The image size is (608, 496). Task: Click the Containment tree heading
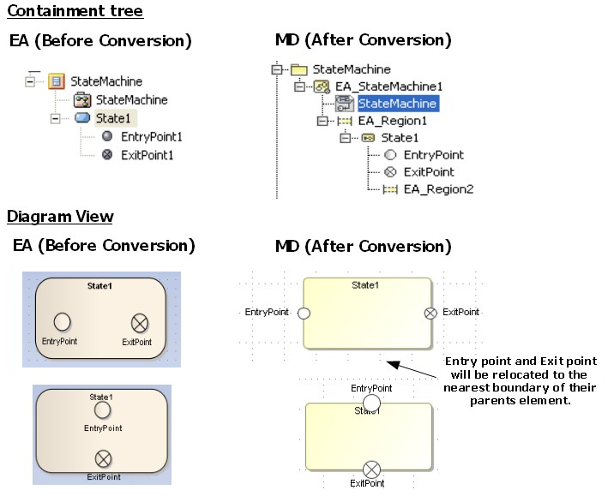[x=75, y=11]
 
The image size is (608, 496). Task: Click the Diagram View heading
[x=60, y=217]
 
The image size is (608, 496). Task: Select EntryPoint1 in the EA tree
[x=151, y=136]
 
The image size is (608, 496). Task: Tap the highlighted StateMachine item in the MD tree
[x=398, y=104]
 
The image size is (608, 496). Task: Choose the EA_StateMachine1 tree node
[x=388, y=87]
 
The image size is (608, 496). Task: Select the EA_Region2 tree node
[x=438, y=189]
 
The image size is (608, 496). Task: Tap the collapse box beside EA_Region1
[x=322, y=121]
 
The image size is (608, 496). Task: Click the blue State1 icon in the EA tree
[x=82, y=118]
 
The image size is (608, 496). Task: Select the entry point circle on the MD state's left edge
[x=303, y=314]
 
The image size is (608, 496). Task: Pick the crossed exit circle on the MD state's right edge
[x=430, y=314]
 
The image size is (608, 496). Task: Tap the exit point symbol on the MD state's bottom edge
[x=371, y=469]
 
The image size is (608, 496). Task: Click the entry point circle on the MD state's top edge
[x=371, y=403]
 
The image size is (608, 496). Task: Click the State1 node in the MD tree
[x=400, y=138]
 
